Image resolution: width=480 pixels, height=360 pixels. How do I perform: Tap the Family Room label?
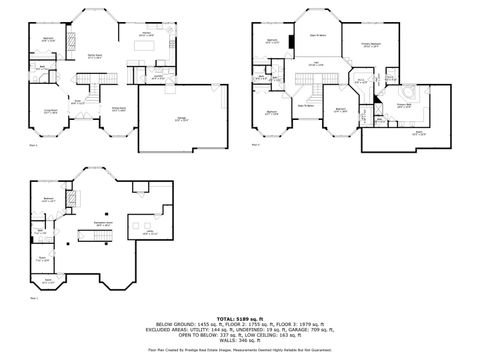(x=96, y=56)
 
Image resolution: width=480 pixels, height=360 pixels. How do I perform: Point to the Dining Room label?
(x=118, y=109)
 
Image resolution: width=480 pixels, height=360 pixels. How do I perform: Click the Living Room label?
(x=48, y=112)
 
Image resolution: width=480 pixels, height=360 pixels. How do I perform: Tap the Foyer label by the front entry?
(x=76, y=100)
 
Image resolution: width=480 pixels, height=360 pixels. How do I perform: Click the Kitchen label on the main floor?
(x=147, y=34)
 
